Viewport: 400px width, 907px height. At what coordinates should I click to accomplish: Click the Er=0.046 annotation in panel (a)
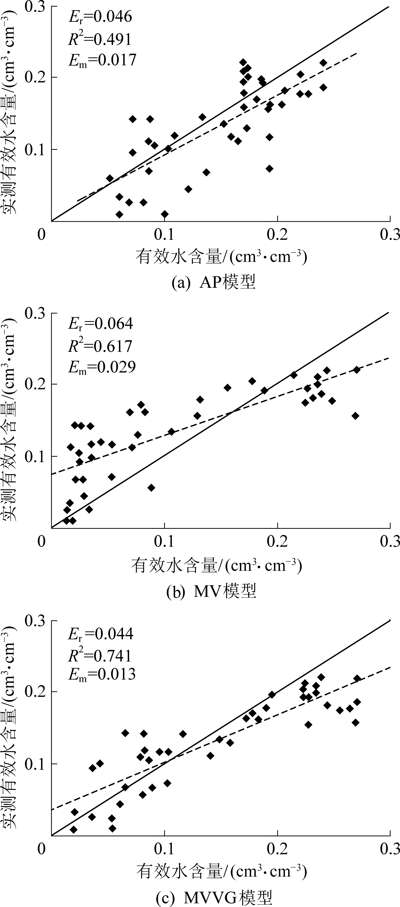point(100,17)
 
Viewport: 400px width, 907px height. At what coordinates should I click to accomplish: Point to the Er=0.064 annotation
point(100,324)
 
